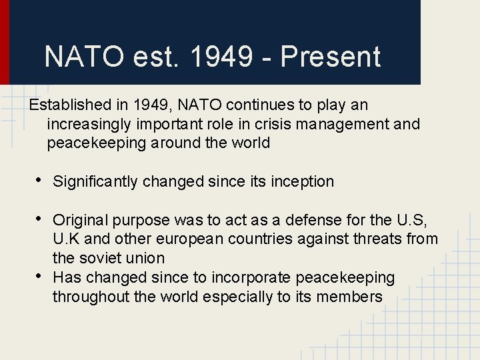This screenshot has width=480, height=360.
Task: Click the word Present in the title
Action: tap(330, 57)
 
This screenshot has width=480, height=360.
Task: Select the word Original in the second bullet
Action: tap(81, 219)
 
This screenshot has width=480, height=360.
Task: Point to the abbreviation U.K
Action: tap(65, 239)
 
